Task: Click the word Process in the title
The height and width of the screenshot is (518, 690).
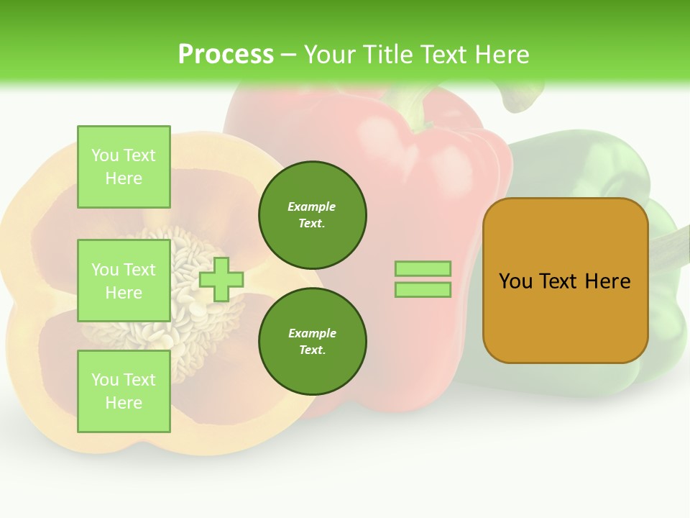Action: point(226,55)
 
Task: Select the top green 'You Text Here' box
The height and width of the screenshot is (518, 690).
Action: point(124,167)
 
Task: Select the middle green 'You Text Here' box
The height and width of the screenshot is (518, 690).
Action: point(124,281)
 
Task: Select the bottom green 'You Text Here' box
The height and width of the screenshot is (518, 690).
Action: point(124,391)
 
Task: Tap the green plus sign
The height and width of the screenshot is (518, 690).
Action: point(221,279)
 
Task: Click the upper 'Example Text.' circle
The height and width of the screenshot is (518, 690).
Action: point(312,214)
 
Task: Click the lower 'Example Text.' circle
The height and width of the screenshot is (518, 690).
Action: point(312,341)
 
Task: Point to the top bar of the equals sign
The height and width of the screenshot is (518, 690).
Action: point(423,269)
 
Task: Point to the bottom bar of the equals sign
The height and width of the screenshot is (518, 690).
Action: point(423,290)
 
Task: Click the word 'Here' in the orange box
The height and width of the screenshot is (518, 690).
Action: point(607,281)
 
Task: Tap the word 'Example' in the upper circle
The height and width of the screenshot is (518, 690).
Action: point(312,206)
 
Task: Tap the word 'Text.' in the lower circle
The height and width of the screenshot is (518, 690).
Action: point(312,350)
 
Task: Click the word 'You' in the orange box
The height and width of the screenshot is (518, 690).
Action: point(515,281)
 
